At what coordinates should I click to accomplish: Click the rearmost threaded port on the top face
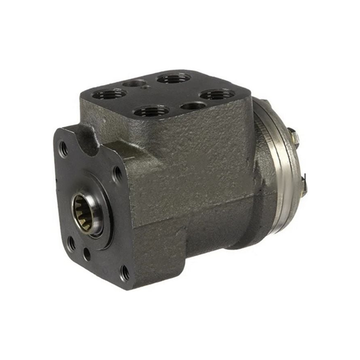tap(173, 78)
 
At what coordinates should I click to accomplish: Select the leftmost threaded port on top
tap(110, 94)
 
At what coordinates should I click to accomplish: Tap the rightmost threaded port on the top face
tap(217, 95)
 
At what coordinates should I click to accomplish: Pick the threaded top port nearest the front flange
tap(151, 111)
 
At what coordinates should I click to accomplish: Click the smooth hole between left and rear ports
tap(135, 82)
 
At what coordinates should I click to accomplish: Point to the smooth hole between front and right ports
tap(193, 106)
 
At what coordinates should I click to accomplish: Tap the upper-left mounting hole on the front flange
tap(64, 149)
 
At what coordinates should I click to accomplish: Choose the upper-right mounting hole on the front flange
tap(118, 174)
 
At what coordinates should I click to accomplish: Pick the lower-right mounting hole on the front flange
tap(125, 273)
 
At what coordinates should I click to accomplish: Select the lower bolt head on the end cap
tap(304, 179)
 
